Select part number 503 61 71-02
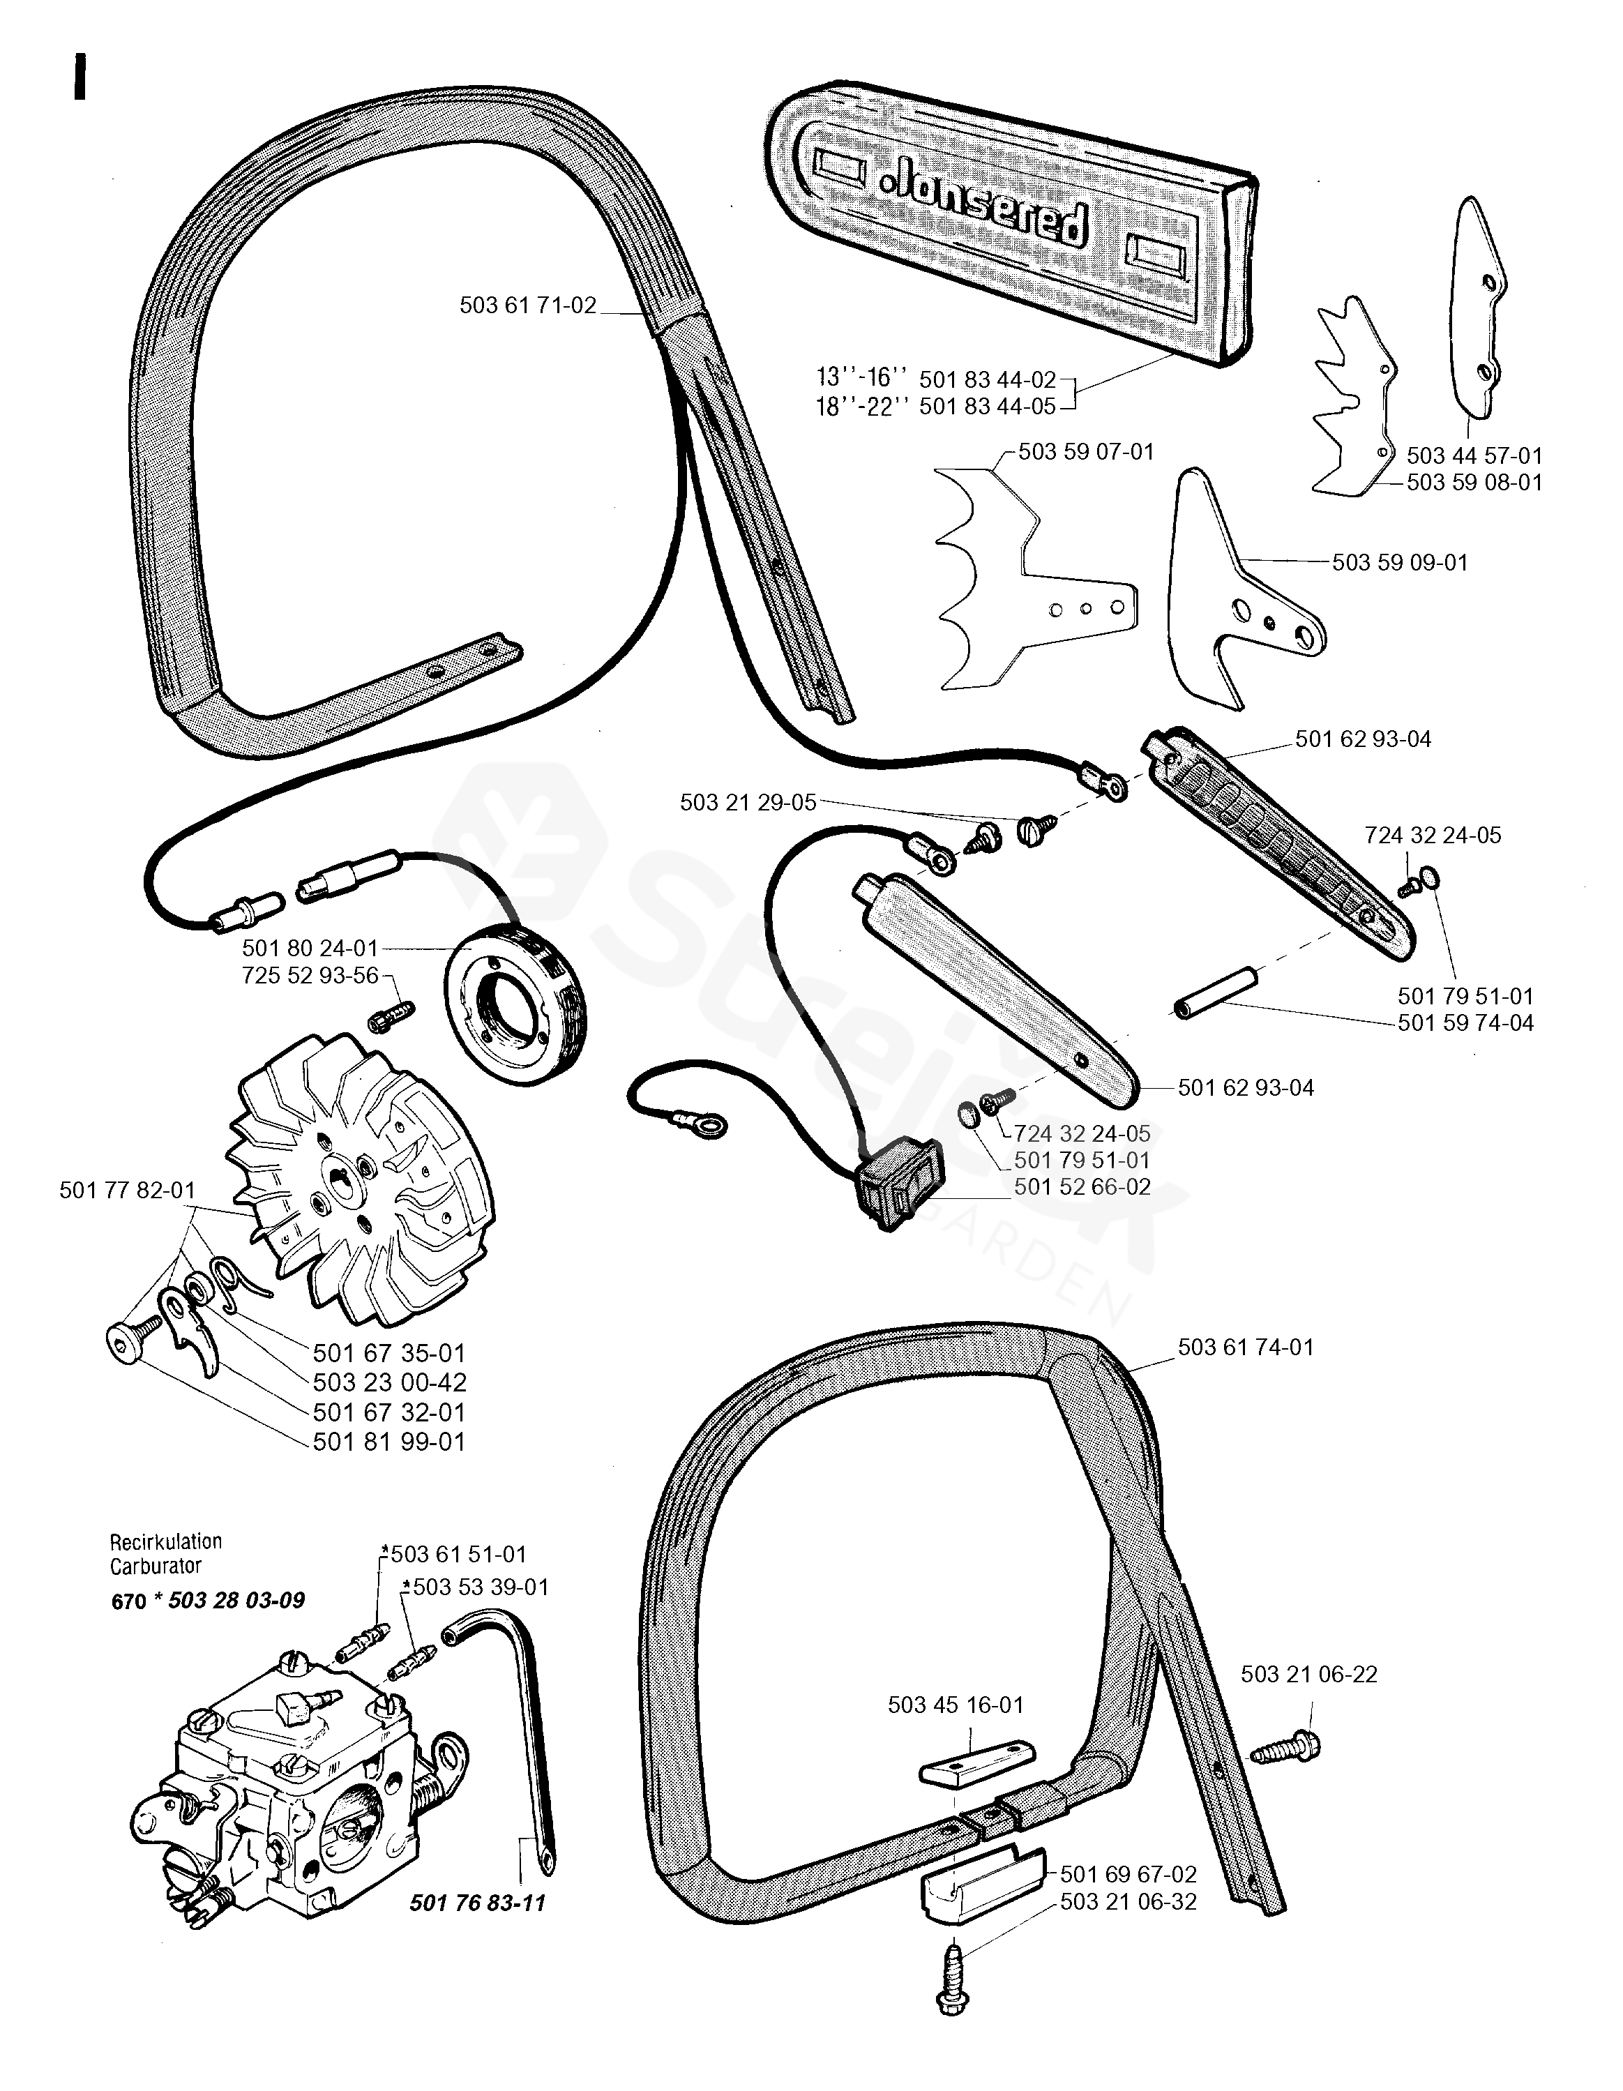[x=527, y=305]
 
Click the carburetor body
[x=297, y=1790]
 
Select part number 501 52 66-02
[x=1082, y=1187]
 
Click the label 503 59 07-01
[x=1086, y=452]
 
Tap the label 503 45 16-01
[x=956, y=1705]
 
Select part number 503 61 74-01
[x=1246, y=1347]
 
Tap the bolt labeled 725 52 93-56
[x=391, y=1014]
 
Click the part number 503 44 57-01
[x=1474, y=455]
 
